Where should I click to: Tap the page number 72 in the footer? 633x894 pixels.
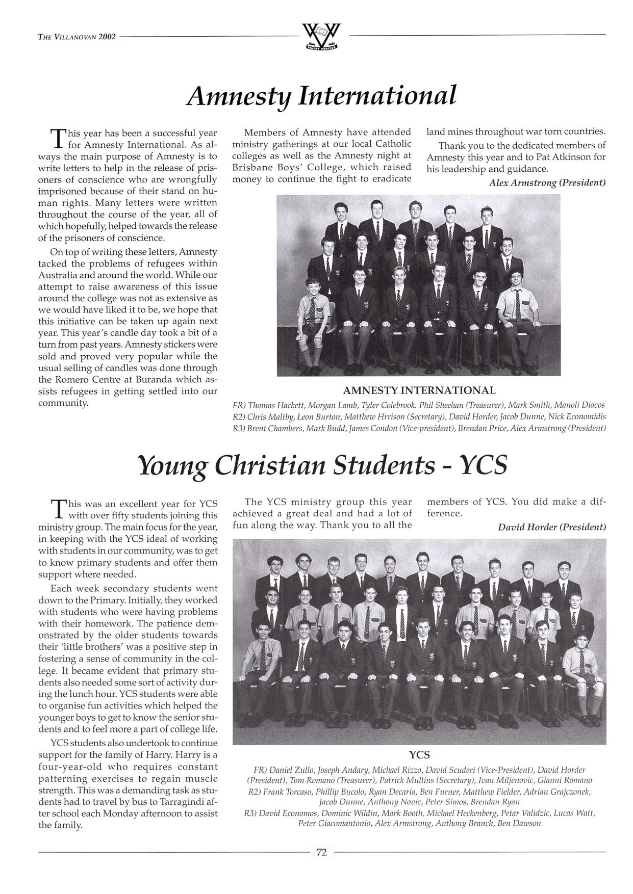pyautogui.click(x=321, y=852)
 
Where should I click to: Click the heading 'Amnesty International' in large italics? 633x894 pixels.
pyautogui.click(x=321, y=96)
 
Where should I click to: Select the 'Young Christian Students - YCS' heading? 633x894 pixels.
pyautogui.click(x=323, y=466)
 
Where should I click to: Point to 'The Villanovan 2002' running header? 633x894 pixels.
pyautogui.click(x=77, y=37)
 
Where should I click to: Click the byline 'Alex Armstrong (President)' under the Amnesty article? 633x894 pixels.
pyautogui.click(x=547, y=182)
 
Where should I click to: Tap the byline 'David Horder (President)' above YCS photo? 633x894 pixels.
pyautogui.click(x=552, y=527)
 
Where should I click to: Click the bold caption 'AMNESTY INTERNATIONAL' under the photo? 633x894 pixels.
pyautogui.click(x=419, y=391)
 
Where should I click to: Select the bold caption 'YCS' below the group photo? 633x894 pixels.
pyautogui.click(x=419, y=755)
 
